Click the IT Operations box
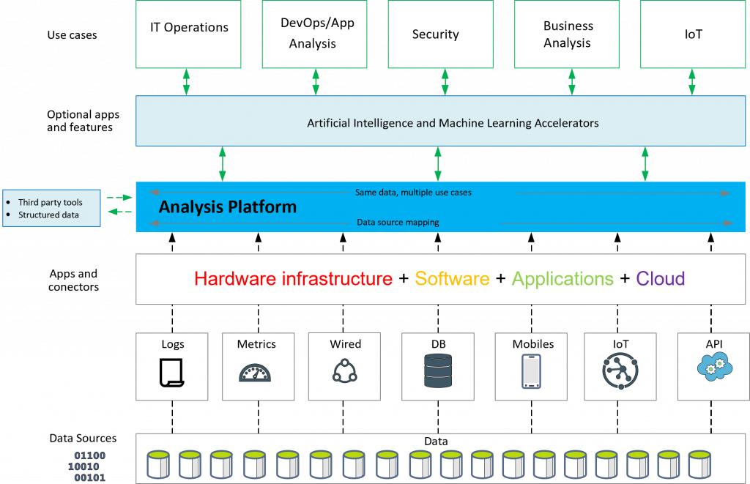[x=189, y=33]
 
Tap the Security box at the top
[x=435, y=34]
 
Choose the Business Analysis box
[x=568, y=34]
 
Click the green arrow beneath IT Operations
[x=186, y=82]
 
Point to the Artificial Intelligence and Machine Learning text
[x=453, y=123]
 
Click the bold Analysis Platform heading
[x=228, y=206]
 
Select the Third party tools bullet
[x=51, y=202]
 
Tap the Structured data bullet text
[x=48, y=215]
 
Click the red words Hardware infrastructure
[x=293, y=278]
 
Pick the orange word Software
[x=452, y=278]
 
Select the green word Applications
[x=562, y=278]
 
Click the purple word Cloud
[x=660, y=278]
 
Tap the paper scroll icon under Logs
[x=172, y=372]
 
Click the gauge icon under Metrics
[x=255, y=373]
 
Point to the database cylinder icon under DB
[x=438, y=371]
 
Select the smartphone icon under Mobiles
[x=531, y=371]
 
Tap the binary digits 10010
[x=83, y=466]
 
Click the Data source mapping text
[x=398, y=222]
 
